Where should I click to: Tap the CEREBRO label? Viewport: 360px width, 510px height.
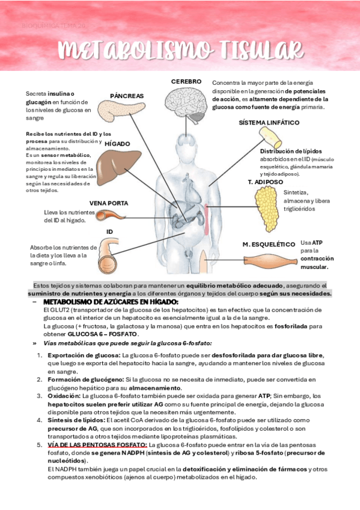click(x=185, y=81)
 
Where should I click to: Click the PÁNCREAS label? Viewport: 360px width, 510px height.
click(x=127, y=96)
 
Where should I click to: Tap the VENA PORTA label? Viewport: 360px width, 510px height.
click(x=108, y=203)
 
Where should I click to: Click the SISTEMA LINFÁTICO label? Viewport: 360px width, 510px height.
click(x=269, y=122)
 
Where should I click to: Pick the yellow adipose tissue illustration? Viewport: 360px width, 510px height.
click(x=266, y=204)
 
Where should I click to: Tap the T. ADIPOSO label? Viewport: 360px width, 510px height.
click(x=265, y=181)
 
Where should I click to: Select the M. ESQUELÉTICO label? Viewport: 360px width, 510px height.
click(x=268, y=244)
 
